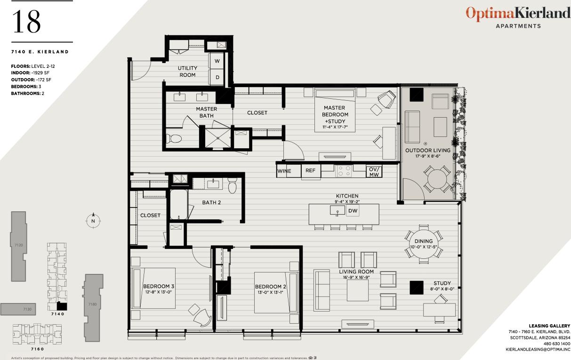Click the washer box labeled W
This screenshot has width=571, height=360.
pos(217,61)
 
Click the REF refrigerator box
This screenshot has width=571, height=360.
pos(310,171)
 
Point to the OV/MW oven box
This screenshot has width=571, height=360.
pos(374,171)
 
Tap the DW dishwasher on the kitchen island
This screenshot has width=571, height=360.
pos(353,211)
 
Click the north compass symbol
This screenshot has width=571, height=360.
pos(93,220)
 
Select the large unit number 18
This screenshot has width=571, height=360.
pos(26,22)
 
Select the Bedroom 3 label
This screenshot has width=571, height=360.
pos(159,286)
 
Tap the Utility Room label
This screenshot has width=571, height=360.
pos(187,72)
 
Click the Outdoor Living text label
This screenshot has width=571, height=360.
pos(428,151)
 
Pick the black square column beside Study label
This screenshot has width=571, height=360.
pos(417,288)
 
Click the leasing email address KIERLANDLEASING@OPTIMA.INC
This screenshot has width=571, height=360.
pos(538,350)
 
